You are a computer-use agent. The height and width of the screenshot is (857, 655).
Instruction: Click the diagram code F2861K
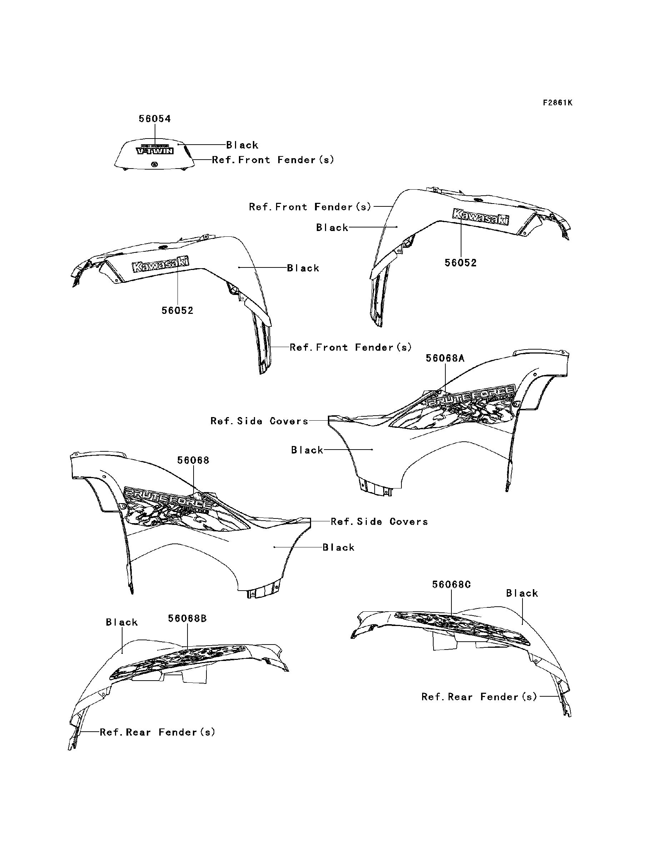pos(557,103)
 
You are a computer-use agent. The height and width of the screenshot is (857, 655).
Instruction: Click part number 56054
pos(155,119)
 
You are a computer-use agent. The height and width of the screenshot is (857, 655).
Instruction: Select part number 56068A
pos(445,358)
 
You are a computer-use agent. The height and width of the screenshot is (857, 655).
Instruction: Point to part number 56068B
pos(187,618)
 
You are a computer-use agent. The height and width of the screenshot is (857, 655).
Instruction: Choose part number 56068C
pos(451,596)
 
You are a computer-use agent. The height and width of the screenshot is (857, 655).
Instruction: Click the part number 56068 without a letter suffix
pos(193,460)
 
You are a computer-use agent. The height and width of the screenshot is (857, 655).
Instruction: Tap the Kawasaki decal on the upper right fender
pos(480,217)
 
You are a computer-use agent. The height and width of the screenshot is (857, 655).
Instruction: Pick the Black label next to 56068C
pos(522,593)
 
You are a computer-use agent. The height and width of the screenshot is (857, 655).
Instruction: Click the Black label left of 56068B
pos(122,622)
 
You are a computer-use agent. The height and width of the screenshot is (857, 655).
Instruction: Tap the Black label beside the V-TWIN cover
pos(242,145)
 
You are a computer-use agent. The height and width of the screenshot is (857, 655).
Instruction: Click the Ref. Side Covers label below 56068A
pos(259,421)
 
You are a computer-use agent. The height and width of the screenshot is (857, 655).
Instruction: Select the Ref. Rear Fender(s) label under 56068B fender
pos(157,732)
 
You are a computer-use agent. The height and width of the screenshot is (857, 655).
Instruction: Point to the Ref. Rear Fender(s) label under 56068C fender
pos(479,697)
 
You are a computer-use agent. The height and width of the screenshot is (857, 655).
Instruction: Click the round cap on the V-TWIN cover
pos(154,165)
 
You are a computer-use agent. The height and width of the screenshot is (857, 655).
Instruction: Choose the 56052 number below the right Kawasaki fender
pos(460,263)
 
